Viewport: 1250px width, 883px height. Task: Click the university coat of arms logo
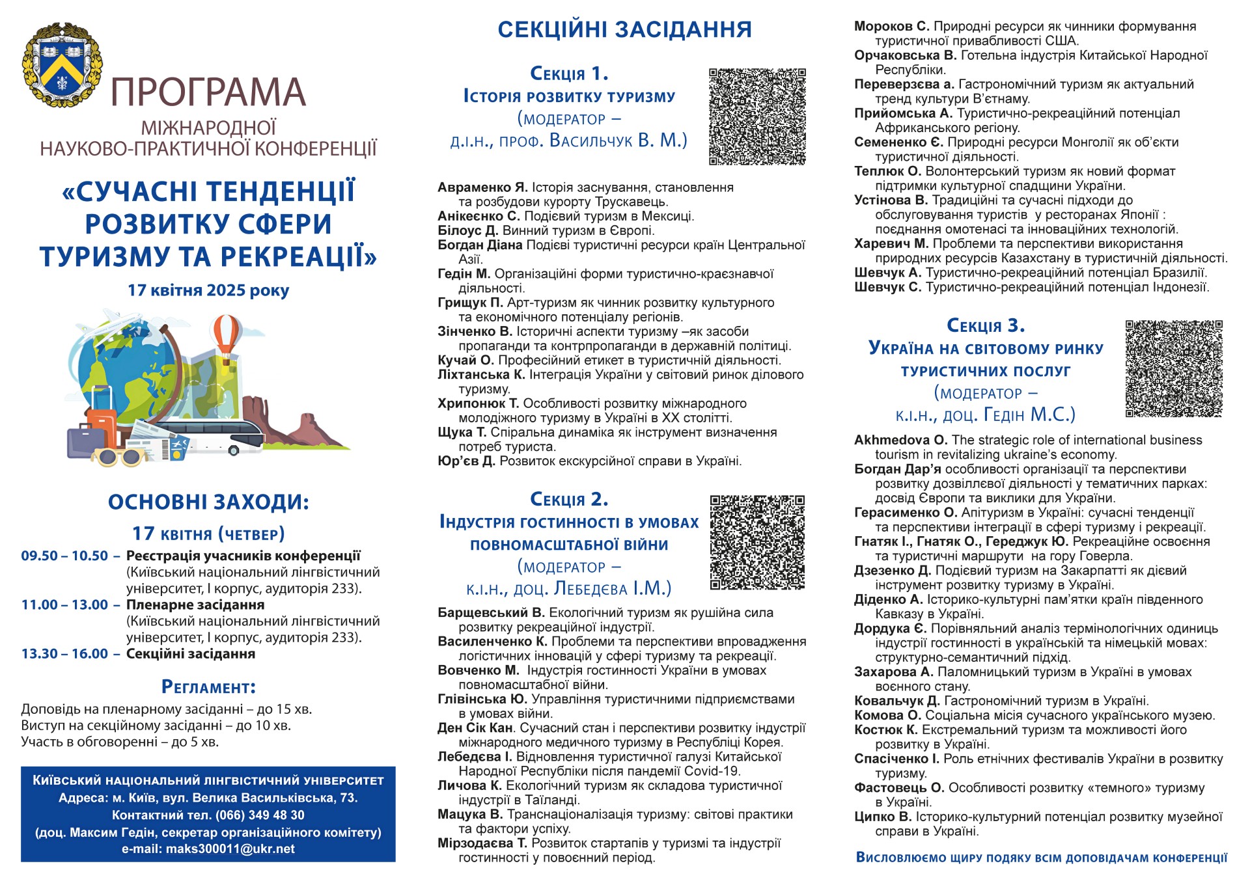[62, 65]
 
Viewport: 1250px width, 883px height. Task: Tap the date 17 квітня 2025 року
[208, 290]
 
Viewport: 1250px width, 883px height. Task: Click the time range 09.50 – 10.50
[64, 556]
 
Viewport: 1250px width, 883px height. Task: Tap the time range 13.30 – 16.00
[64, 653]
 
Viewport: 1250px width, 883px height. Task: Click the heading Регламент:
[208, 687]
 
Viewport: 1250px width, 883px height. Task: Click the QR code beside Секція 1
[757, 116]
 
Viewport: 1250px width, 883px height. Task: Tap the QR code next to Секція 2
[757, 543]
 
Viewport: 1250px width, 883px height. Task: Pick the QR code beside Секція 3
[1174, 368]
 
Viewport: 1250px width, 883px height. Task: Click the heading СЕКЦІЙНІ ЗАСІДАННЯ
[624, 30]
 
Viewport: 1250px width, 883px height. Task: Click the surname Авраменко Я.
[482, 187]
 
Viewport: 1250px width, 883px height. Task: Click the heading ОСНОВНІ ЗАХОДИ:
[208, 502]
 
